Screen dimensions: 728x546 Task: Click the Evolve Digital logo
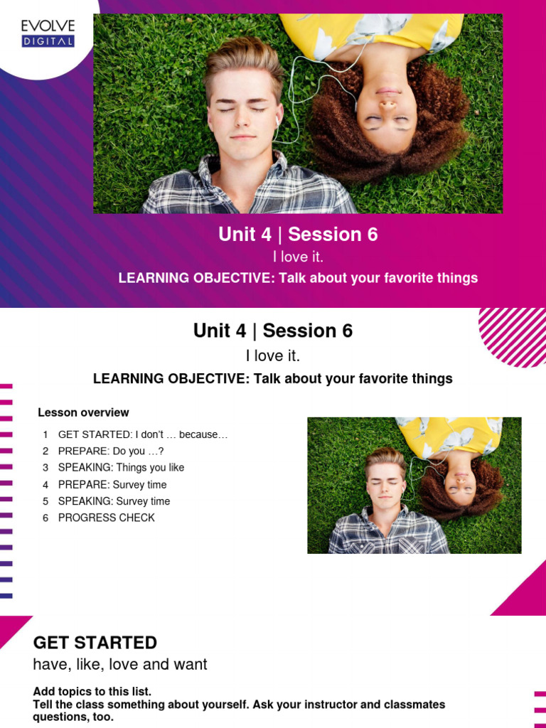click(x=48, y=33)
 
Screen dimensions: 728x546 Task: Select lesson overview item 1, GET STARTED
click(x=142, y=434)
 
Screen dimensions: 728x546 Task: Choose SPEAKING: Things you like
click(x=121, y=468)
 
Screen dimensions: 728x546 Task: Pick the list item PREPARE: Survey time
click(x=112, y=485)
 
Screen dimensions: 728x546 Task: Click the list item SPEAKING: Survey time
click(x=114, y=501)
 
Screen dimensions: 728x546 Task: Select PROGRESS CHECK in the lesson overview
click(x=106, y=518)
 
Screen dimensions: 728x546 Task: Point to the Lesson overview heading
click(x=83, y=412)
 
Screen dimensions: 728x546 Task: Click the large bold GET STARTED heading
click(x=95, y=643)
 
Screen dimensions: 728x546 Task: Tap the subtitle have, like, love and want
click(x=120, y=665)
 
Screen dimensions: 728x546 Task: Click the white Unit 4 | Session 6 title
click(x=298, y=234)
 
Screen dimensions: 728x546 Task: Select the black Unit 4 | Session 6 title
click(x=273, y=331)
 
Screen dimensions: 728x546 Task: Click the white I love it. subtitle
click(x=298, y=257)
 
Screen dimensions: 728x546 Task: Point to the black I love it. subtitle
click(x=273, y=355)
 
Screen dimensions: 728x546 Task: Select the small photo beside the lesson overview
click(x=414, y=485)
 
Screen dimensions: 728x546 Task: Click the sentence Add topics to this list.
click(x=92, y=692)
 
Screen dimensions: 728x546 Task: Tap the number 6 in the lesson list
click(x=45, y=518)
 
